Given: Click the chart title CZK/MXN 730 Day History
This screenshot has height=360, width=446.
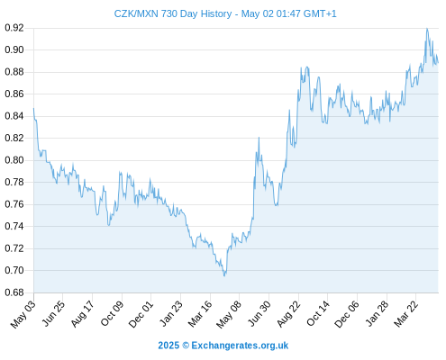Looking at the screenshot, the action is [x=173, y=13].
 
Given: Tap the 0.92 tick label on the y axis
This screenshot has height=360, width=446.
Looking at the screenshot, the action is [x=14, y=28].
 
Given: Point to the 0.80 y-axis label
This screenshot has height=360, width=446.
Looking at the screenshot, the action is [x=14, y=160].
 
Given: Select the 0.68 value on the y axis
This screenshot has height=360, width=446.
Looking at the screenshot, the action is [x=14, y=292].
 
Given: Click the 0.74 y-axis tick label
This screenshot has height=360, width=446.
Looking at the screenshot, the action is [x=14, y=226].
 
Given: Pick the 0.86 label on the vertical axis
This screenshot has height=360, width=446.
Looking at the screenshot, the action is [x=14, y=94].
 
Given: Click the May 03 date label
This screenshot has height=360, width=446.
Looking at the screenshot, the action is [x=23, y=314].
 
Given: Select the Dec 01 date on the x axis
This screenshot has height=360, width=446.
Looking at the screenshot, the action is [x=141, y=314].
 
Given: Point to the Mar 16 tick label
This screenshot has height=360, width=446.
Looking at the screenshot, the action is [x=200, y=314].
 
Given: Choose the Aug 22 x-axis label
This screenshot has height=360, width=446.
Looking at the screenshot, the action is [x=288, y=314].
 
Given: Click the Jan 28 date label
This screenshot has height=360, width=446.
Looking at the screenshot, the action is [x=377, y=314].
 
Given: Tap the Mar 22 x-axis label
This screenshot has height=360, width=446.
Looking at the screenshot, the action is [x=405, y=314].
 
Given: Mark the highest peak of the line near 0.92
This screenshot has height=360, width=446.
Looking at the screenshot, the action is [x=427, y=29].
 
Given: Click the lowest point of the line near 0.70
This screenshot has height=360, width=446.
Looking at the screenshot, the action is [x=224, y=275].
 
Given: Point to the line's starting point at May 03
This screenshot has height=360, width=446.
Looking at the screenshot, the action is [x=33, y=108].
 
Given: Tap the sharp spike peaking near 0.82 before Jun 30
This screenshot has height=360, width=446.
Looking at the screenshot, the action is [x=259, y=138].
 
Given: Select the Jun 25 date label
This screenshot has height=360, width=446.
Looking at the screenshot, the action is [x=53, y=314].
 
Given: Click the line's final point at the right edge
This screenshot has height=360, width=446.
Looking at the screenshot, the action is [x=438, y=63].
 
